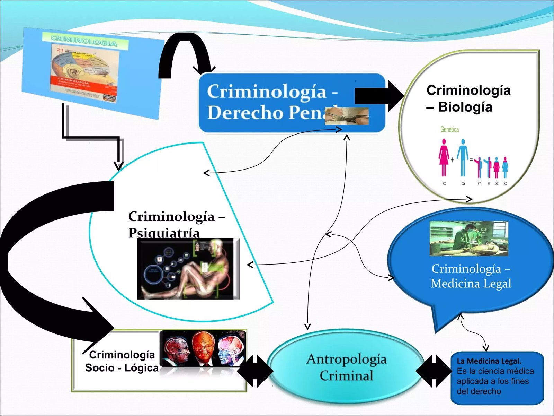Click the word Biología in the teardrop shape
(x=465, y=107)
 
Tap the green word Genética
(x=449, y=129)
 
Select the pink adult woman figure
(x=444, y=157)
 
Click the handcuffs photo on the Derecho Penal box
(x=346, y=116)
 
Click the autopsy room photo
(x=469, y=239)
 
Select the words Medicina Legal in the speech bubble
(x=471, y=284)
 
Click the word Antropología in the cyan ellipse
(x=346, y=359)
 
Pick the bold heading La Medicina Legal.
(x=489, y=361)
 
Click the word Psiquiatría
(x=164, y=233)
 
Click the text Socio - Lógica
(x=122, y=368)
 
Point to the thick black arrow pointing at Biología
(x=379, y=96)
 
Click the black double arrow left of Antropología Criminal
(x=255, y=371)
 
